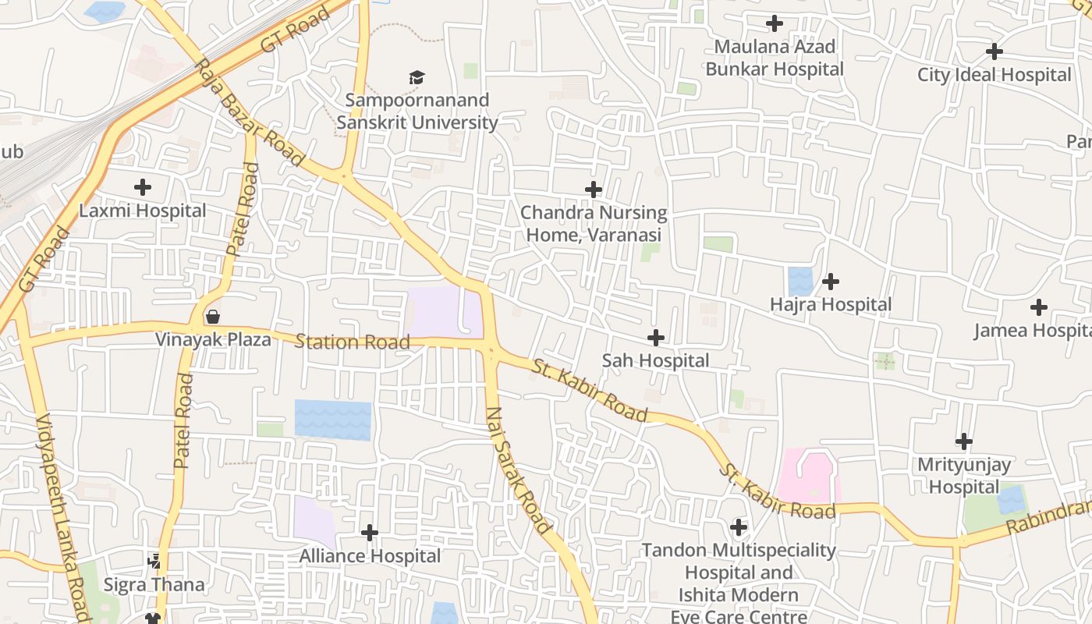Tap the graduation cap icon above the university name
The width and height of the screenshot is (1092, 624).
417,77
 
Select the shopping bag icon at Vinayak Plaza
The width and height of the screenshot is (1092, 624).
212,317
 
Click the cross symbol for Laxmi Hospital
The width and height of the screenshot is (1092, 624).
143,187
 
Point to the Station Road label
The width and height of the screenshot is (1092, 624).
353,342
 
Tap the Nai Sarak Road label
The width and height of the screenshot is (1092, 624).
519,470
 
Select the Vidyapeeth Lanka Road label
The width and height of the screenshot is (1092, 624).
62,515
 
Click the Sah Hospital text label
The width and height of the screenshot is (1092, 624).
655,360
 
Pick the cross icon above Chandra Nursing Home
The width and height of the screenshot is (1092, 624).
594,189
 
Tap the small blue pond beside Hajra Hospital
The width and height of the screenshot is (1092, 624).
799,281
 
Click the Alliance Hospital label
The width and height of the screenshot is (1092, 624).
370,556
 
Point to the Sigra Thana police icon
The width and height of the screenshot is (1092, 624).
154,561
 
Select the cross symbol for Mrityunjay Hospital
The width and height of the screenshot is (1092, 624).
964,441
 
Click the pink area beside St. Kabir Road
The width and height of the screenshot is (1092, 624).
807,474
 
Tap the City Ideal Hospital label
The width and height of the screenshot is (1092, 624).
994,75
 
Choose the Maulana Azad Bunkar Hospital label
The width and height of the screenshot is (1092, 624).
774,58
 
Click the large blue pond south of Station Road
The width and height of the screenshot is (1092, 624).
333,420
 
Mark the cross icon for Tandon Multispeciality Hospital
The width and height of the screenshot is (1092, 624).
738,527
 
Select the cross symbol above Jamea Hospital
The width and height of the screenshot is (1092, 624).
1038,307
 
